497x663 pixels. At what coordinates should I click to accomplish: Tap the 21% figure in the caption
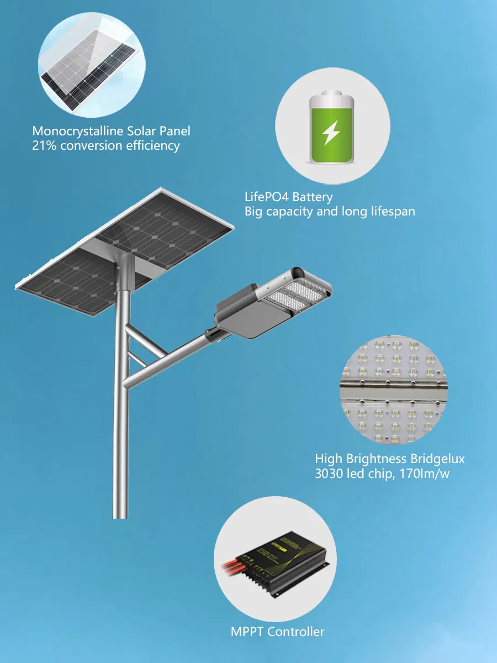(x=45, y=146)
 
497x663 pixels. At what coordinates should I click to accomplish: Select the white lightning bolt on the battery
(x=331, y=132)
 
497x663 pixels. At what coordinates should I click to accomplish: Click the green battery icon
(x=331, y=129)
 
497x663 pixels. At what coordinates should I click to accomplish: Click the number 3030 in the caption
(x=330, y=473)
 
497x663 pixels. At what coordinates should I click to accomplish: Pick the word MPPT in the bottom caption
(x=247, y=632)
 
